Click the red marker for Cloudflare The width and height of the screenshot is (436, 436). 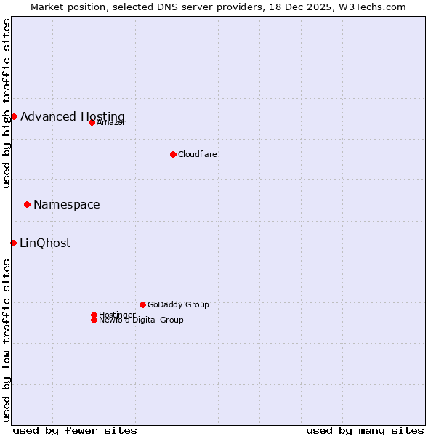coord(173,154)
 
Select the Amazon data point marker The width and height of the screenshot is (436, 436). coord(92,122)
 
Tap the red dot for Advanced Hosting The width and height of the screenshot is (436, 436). coord(14,116)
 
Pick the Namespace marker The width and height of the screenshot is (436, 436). coord(27,204)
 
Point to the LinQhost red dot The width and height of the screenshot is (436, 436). coord(13,243)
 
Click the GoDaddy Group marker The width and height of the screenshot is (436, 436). coord(142,304)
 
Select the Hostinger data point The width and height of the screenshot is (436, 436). coord(94,315)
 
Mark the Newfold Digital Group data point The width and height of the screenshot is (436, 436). coord(94,320)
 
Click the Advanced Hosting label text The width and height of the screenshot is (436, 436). coord(73,117)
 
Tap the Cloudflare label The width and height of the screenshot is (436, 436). coord(198,155)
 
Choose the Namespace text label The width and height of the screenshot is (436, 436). coord(67,205)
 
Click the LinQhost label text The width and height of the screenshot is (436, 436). coord(45,243)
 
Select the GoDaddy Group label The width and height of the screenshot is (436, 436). coord(178,305)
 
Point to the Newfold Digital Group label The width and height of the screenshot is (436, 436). coord(142,320)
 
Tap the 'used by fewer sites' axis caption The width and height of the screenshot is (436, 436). coord(75,430)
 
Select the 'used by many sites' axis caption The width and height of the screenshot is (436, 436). coord(365,430)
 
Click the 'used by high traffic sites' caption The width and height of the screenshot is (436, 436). coord(7,104)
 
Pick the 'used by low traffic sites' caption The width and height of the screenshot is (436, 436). coord(7,340)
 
